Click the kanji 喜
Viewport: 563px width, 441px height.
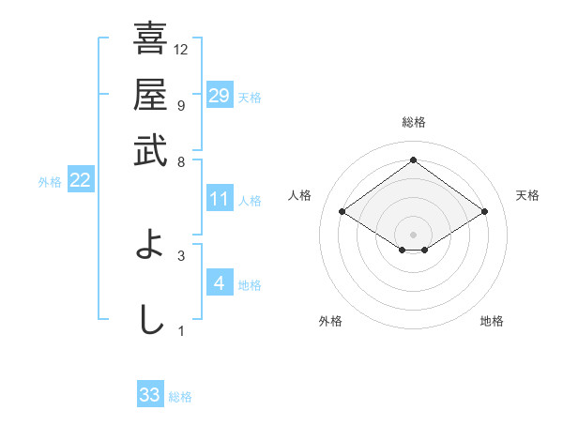point(150,39)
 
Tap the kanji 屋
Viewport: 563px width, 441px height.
point(150,95)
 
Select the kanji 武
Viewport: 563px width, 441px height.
point(150,149)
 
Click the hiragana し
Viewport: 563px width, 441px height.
point(150,319)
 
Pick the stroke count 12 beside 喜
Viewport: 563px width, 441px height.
point(181,50)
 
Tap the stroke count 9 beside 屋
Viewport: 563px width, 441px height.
point(181,105)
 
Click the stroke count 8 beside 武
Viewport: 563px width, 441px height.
point(181,160)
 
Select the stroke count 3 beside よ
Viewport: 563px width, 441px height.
point(181,254)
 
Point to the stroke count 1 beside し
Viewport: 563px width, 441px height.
point(181,330)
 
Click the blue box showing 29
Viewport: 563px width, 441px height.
point(219,96)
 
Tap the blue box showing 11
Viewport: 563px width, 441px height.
point(219,199)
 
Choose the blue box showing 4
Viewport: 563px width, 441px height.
point(219,283)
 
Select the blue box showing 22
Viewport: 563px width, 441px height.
point(80,181)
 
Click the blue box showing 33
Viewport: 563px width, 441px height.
point(150,395)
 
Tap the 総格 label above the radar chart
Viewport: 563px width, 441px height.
point(413,122)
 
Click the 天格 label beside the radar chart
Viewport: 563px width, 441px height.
point(527,195)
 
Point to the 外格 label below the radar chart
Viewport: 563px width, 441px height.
point(330,321)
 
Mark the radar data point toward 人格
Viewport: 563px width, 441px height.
point(342,212)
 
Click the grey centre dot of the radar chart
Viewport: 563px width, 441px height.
point(413,234)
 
